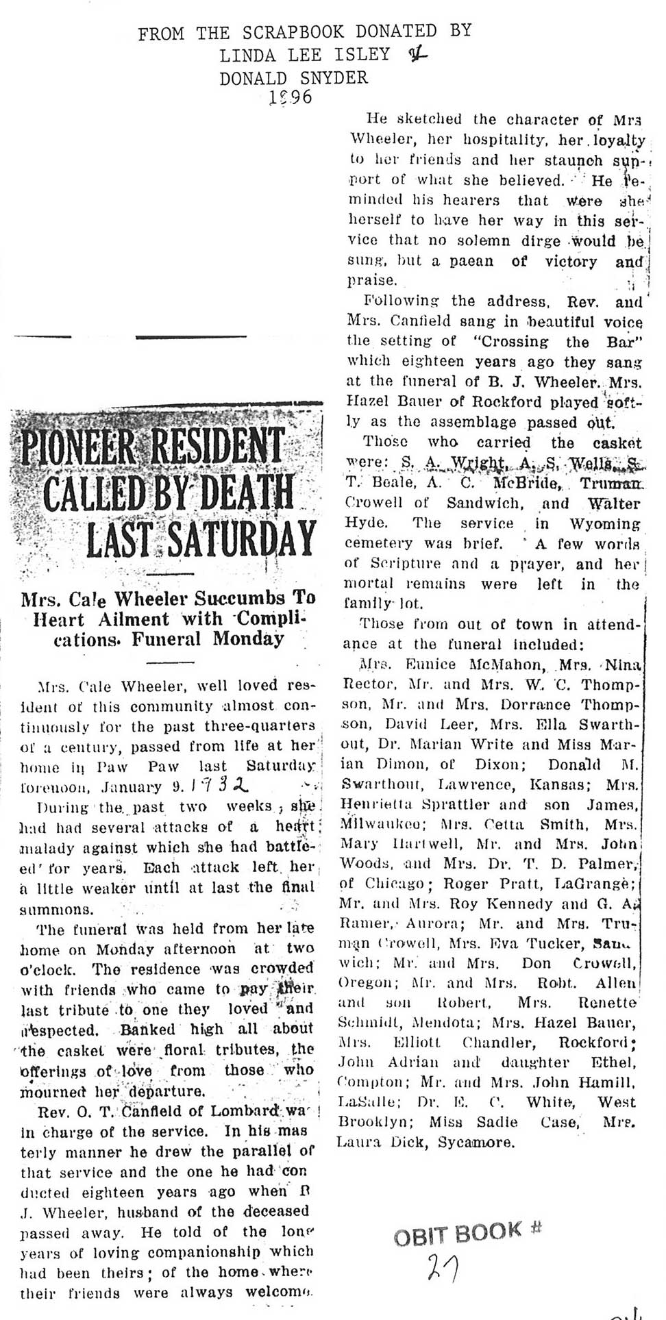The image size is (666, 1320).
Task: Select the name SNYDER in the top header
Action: (x=334, y=77)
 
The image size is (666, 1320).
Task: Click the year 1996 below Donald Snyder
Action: (x=291, y=97)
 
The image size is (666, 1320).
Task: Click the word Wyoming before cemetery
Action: (x=604, y=524)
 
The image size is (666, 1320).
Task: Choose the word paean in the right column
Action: (x=471, y=261)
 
